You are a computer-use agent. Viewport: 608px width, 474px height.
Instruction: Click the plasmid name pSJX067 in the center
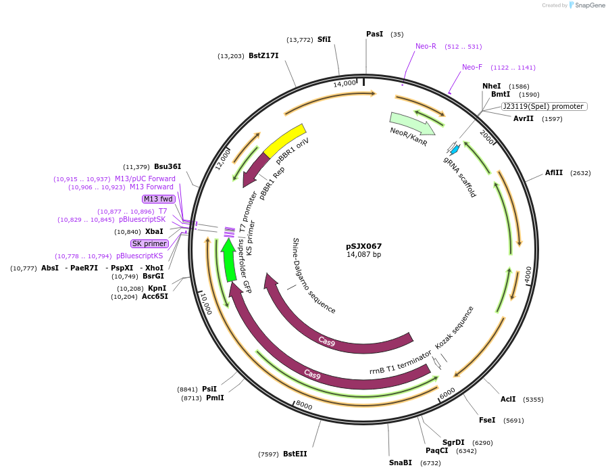[364, 246]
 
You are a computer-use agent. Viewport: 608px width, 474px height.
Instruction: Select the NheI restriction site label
[491, 86]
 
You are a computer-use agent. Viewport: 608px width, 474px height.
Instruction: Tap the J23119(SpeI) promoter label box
[544, 107]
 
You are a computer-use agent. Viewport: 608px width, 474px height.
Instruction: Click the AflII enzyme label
[554, 173]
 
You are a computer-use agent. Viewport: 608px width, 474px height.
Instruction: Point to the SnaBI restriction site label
[400, 463]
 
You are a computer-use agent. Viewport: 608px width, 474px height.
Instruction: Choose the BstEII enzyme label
[295, 454]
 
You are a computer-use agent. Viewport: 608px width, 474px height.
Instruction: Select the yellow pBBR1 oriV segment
[284, 140]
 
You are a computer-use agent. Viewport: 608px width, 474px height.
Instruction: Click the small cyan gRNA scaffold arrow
[455, 149]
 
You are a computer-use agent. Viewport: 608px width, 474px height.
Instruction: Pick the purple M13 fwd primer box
[158, 199]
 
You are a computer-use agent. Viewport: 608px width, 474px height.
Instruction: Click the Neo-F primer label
[472, 67]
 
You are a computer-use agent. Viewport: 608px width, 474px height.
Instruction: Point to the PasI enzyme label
[374, 34]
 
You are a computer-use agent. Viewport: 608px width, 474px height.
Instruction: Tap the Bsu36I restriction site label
[168, 166]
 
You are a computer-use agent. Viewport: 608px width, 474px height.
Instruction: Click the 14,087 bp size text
[364, 255]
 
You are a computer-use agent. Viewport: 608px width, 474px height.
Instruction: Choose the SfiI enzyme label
[324, 39]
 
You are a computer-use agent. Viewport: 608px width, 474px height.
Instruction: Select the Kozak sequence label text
[454, 327]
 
